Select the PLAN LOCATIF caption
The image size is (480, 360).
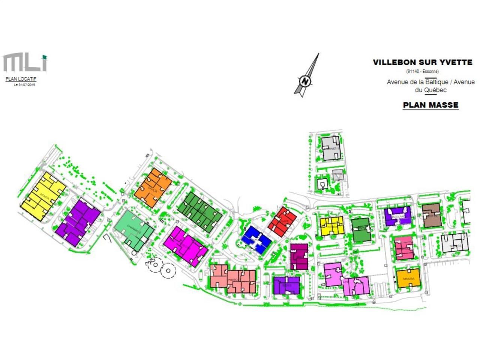(x=21, y=79)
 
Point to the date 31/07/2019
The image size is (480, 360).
(x=24, y=85)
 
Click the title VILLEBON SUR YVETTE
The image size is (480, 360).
(x=422, y=63)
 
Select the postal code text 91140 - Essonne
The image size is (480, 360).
(x=422, y=71)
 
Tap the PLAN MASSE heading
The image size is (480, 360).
(x=430, y=105)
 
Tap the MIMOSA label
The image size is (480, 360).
(x=408, y=279)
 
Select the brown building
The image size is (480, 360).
(x=432, y=216)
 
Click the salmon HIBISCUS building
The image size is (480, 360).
(x=234, y=279)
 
